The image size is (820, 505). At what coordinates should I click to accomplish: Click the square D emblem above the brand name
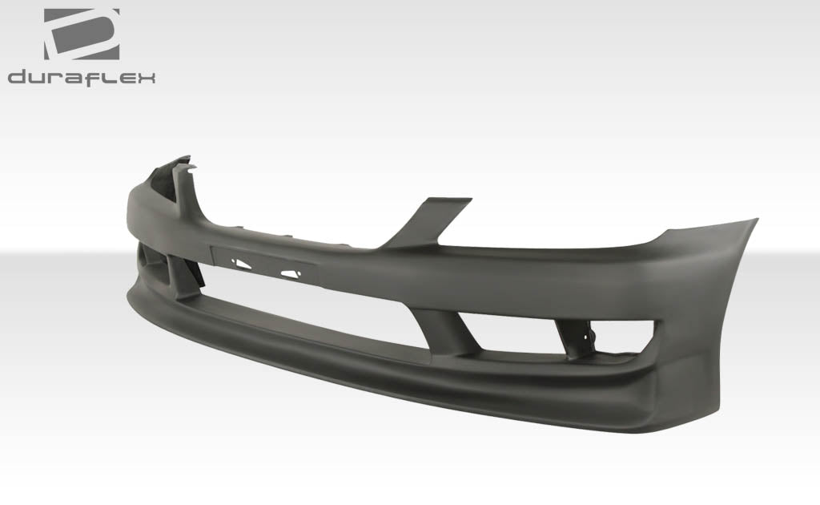click(82, 34)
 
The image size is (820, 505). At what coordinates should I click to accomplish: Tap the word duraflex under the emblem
click(82, 78)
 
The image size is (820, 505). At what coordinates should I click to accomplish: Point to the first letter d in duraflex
click(18, 78)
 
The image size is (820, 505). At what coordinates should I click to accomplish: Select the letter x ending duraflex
click(146, 78)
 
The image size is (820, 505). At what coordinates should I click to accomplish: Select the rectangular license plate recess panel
click(264, 265)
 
